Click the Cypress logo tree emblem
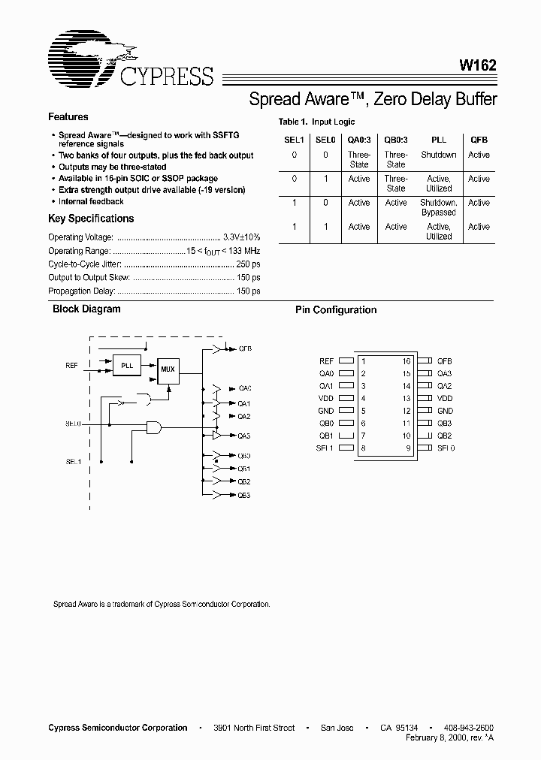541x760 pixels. click(83, 54)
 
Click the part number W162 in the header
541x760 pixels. click(478, 65)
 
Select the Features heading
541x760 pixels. click(68, 117)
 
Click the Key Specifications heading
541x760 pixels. click(91, 219)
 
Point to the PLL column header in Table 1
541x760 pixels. click(438, 140)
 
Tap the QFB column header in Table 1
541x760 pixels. click(479, 140)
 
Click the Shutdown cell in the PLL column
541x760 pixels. click(438, 155)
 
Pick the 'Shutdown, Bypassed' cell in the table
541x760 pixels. click(438, 207)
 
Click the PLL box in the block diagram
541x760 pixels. click(127, 366)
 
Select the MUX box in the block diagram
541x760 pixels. click(168, 369)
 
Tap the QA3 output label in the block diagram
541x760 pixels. click(244, 436)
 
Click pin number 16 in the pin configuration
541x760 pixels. click(407, 361)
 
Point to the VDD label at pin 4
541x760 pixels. click(325, 398)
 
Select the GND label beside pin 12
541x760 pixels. click(446, 411)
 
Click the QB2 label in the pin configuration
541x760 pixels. click(446, 436)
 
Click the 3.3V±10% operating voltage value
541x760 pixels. click(242, 237)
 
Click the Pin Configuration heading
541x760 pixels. click(336, 310)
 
